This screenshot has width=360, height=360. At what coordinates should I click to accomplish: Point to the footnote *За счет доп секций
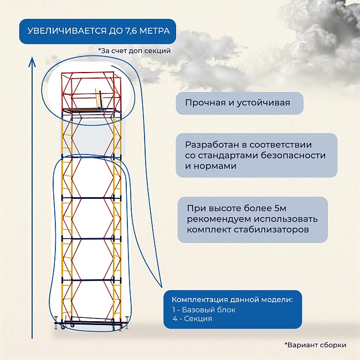pyautogui.click(x=134, y=50)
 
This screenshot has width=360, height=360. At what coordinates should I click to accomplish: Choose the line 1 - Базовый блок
pyautogui.click(x=204, y=310)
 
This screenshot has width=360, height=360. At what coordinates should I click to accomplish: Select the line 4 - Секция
pyautogui.click(x=192, y=319)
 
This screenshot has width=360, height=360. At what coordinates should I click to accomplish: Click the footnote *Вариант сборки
pyautogui.click(x=316, y=344)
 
